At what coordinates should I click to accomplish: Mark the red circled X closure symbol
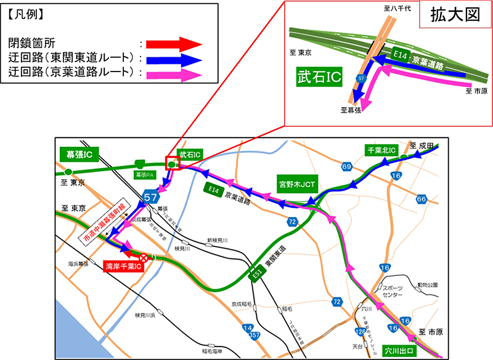[x=144, y=258]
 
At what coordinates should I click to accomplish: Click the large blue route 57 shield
[x=151, y=197]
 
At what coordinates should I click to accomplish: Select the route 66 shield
[x=422, y=198]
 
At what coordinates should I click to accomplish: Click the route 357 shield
[x=253, y=336]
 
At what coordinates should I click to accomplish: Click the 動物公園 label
[x=428, y=285]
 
